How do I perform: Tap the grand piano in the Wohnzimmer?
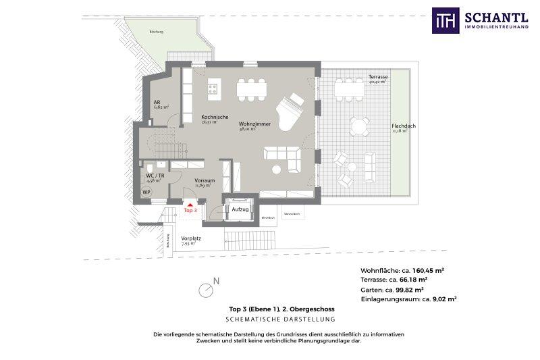pos(292,107)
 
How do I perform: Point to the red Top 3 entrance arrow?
pos(190,203)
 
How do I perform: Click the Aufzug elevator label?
pos(240,210)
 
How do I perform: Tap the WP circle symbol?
pos(146,192)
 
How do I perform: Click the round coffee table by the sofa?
pos(277,170)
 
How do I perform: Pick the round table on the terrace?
pos(359,125)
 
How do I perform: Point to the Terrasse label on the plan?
pos(378,77)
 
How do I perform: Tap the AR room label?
pos(157,102)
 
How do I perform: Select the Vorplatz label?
pos(189,238)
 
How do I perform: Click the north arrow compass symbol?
pos(207,290)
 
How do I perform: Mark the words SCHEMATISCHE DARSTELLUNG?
pos(281,318)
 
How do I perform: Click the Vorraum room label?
pos(205,181)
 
